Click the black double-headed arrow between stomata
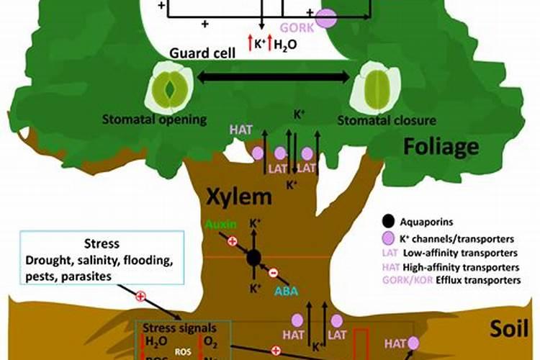(273, 77)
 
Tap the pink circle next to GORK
(326, 19)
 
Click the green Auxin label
(220, 224)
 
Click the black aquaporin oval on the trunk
(253, 258)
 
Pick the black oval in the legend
(389, 221)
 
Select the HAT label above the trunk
(240, 130)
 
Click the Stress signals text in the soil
(183, 328)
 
